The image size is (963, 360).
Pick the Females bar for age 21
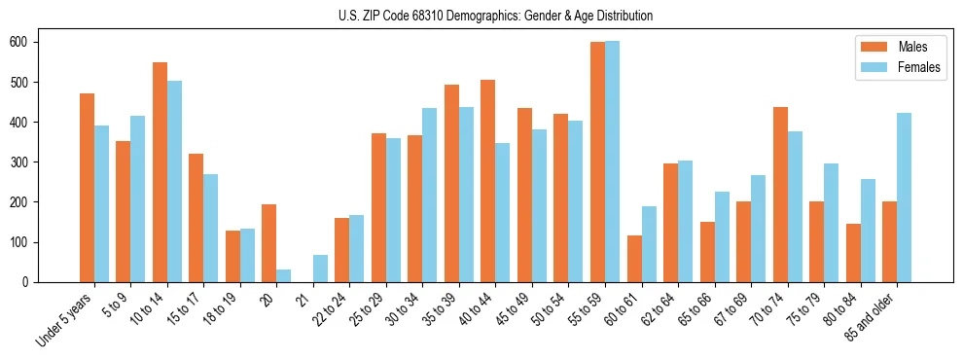click(320, 269)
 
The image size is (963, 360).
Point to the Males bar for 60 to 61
click(634, 259)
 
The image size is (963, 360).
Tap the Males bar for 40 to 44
click(488, 181)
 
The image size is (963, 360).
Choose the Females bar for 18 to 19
click(247, 255)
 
